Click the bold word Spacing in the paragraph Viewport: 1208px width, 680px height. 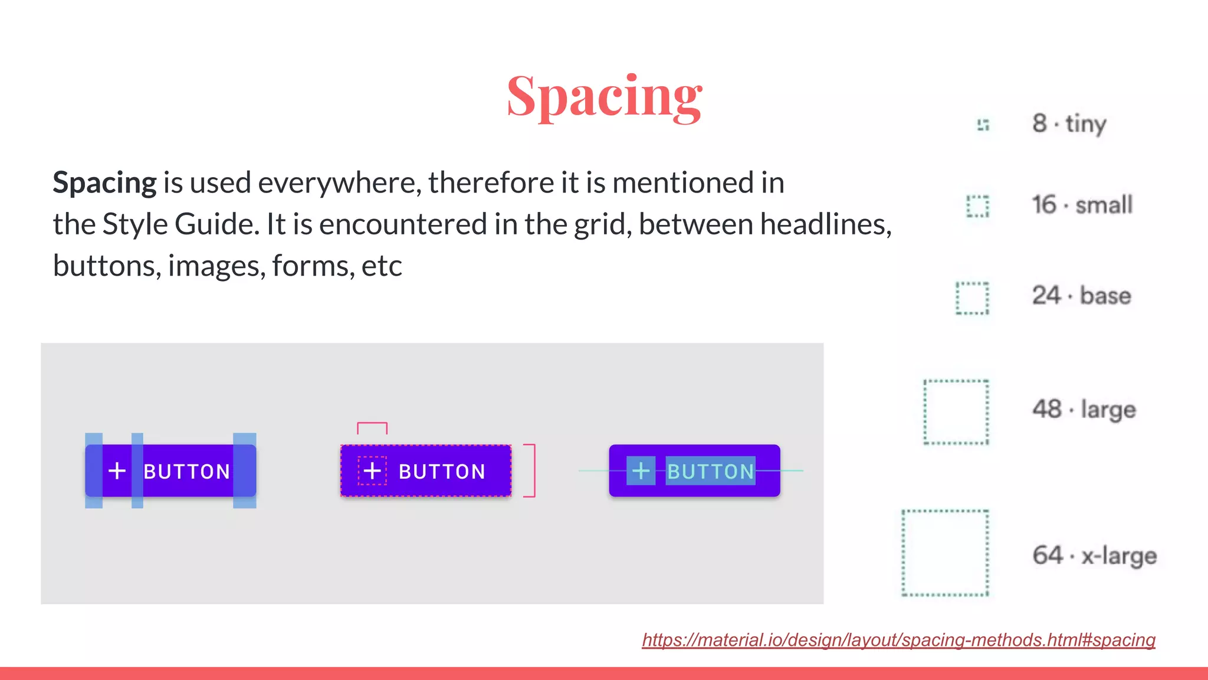coord(104,182)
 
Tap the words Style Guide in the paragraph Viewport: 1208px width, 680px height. coord(180,224)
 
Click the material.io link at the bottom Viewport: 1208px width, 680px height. coord(898,640)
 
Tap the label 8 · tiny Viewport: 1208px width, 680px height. coord(1069,124)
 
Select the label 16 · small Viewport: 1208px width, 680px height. coord(1082,205)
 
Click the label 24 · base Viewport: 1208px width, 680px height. coord(1081,295)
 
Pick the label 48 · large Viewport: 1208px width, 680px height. coord(1084,409)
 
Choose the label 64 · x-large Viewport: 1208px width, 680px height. coord(1094,555)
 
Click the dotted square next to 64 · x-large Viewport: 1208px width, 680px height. coord(945,553)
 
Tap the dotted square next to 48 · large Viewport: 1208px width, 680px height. coord(956,412)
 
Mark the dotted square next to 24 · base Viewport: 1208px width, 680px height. coord(972,298)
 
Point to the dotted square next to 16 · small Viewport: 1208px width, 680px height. coord(977,206)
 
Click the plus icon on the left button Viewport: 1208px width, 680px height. coord(117,470)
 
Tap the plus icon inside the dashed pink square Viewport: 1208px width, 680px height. coord(372,470)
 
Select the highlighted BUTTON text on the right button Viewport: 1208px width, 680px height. coord(710,471)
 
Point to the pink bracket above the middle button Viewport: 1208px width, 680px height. coord(372,426)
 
